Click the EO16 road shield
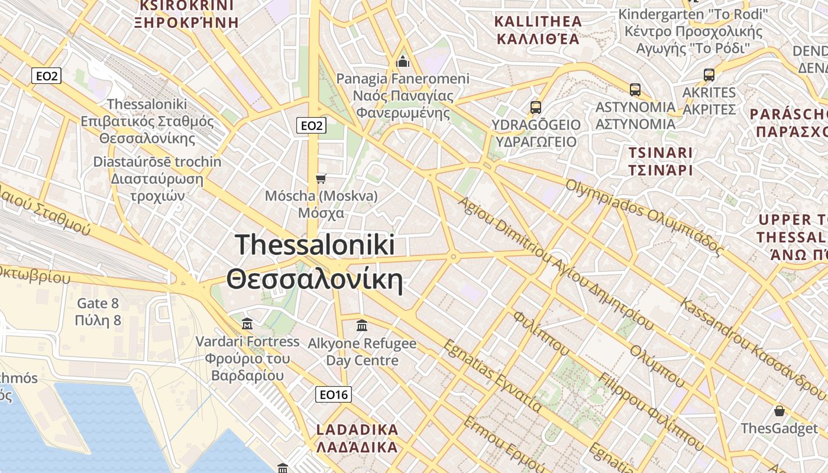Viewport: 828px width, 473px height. coord(334,394)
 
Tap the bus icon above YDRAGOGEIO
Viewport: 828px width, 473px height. coord(536,108)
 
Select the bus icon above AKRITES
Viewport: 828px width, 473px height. coord(709,75)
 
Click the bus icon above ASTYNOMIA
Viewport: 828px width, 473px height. coord(635,90)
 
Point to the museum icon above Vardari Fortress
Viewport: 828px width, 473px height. coord(247,323)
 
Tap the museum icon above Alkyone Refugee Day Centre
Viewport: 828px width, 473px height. coord(362,325)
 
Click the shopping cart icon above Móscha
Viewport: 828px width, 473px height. coord(321,179)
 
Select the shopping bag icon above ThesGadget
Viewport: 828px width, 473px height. coord(780,411)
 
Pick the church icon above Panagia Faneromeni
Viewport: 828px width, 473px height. coord(403,61)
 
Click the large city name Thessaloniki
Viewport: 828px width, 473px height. coord(315,245)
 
